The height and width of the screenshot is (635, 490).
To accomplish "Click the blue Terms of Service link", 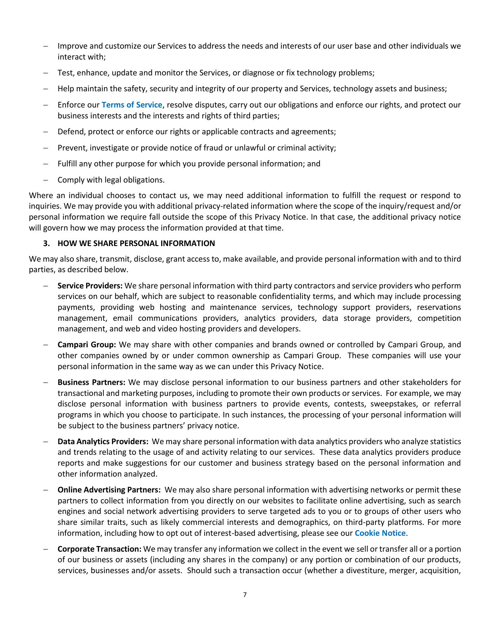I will coord(132,105).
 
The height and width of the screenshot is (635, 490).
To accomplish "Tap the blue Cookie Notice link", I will coord(380,533).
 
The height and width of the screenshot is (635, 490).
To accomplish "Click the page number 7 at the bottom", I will coord(245,595).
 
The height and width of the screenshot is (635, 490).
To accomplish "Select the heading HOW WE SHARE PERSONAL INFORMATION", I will coord(136,243).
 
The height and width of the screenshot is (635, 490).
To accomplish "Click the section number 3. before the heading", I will coord(47,243).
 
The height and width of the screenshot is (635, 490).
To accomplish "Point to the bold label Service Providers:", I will coord(90,285).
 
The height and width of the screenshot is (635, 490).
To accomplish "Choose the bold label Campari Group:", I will coord(87,345).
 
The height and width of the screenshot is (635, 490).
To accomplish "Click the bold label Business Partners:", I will coord(91,382).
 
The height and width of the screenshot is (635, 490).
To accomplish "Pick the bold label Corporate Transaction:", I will coord(99,549).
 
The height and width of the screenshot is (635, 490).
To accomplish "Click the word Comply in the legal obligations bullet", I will coord(69,180).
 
